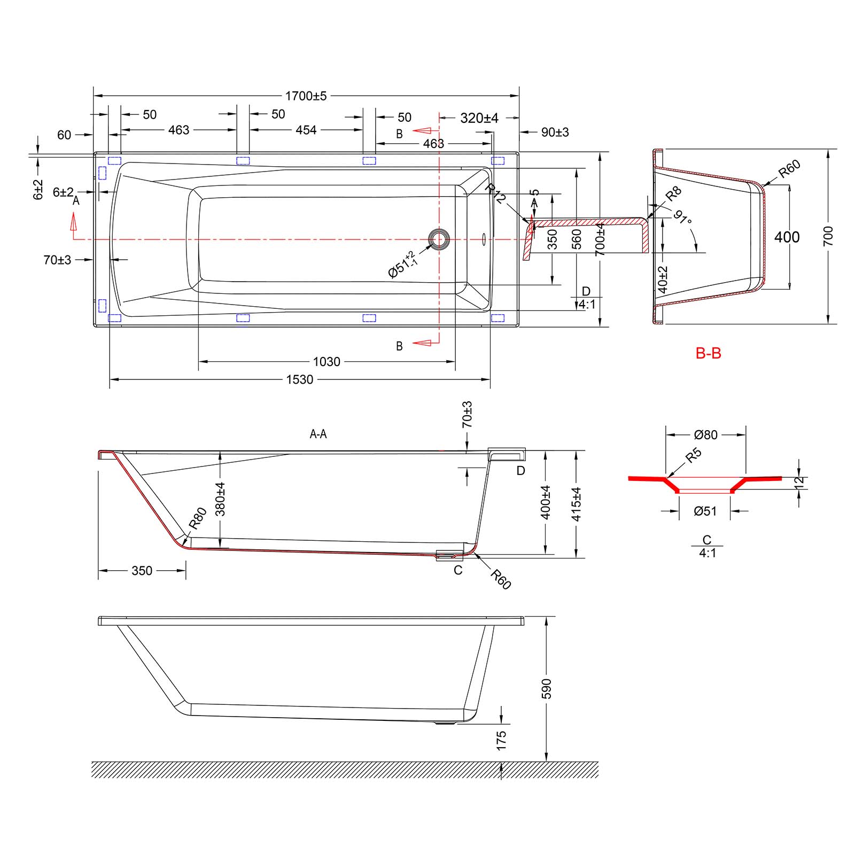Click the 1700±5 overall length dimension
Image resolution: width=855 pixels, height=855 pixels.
click(305, 96)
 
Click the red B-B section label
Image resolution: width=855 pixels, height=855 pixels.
click(708, 353)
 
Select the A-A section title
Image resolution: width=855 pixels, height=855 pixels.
click(318, 434)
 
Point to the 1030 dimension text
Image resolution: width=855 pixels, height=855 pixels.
click(326, 362)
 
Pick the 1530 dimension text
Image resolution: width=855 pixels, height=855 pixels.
click(299, 379)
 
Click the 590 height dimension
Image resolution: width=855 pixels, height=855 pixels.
click(546, 689)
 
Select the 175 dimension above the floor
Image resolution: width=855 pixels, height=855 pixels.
click(501, 740)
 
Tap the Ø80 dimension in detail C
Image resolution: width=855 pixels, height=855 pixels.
click(706, 435)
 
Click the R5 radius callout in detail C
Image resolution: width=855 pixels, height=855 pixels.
click(693, 456)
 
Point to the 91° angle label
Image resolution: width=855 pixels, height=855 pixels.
click(682, 218)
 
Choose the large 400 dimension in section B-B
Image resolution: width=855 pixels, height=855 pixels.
click(787, 237)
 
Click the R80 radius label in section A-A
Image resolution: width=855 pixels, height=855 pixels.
click(198, 518)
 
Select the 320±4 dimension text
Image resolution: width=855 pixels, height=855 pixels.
click(479, 118)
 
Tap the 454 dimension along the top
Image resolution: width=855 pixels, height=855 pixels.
click(306, 130)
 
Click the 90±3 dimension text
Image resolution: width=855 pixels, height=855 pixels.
click(555, 132)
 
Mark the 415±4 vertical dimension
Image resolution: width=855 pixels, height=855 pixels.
click(576, 504)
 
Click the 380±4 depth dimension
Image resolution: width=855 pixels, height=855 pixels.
click(220, 499)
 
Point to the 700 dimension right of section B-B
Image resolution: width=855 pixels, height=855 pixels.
click(828, 236)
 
